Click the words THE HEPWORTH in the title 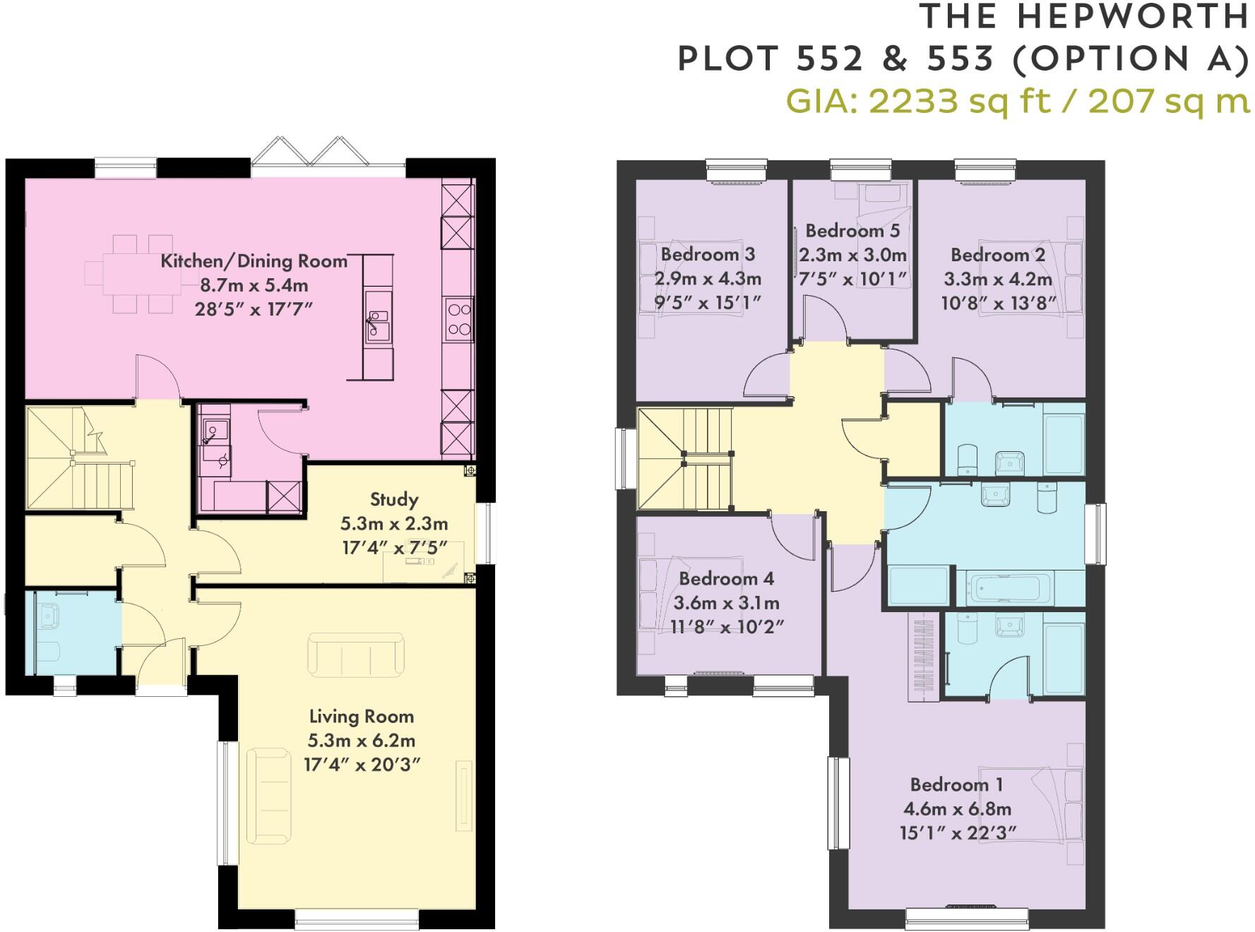(x=1084, y=18)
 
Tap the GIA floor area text (x=1017, y=101)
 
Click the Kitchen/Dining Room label (x=254, y=261)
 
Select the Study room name (x=394, y=500)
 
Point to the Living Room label (x=362, y=717)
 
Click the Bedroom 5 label (x=852, y=231)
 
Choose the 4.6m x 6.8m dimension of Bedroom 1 (x=957, y=809)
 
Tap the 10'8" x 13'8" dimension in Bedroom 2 (x=999, y=304)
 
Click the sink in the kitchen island (x=378, y=325)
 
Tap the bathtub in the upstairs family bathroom (x=1006, y=588)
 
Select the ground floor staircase (x=78, y=459)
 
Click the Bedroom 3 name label (x=708, y=254)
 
